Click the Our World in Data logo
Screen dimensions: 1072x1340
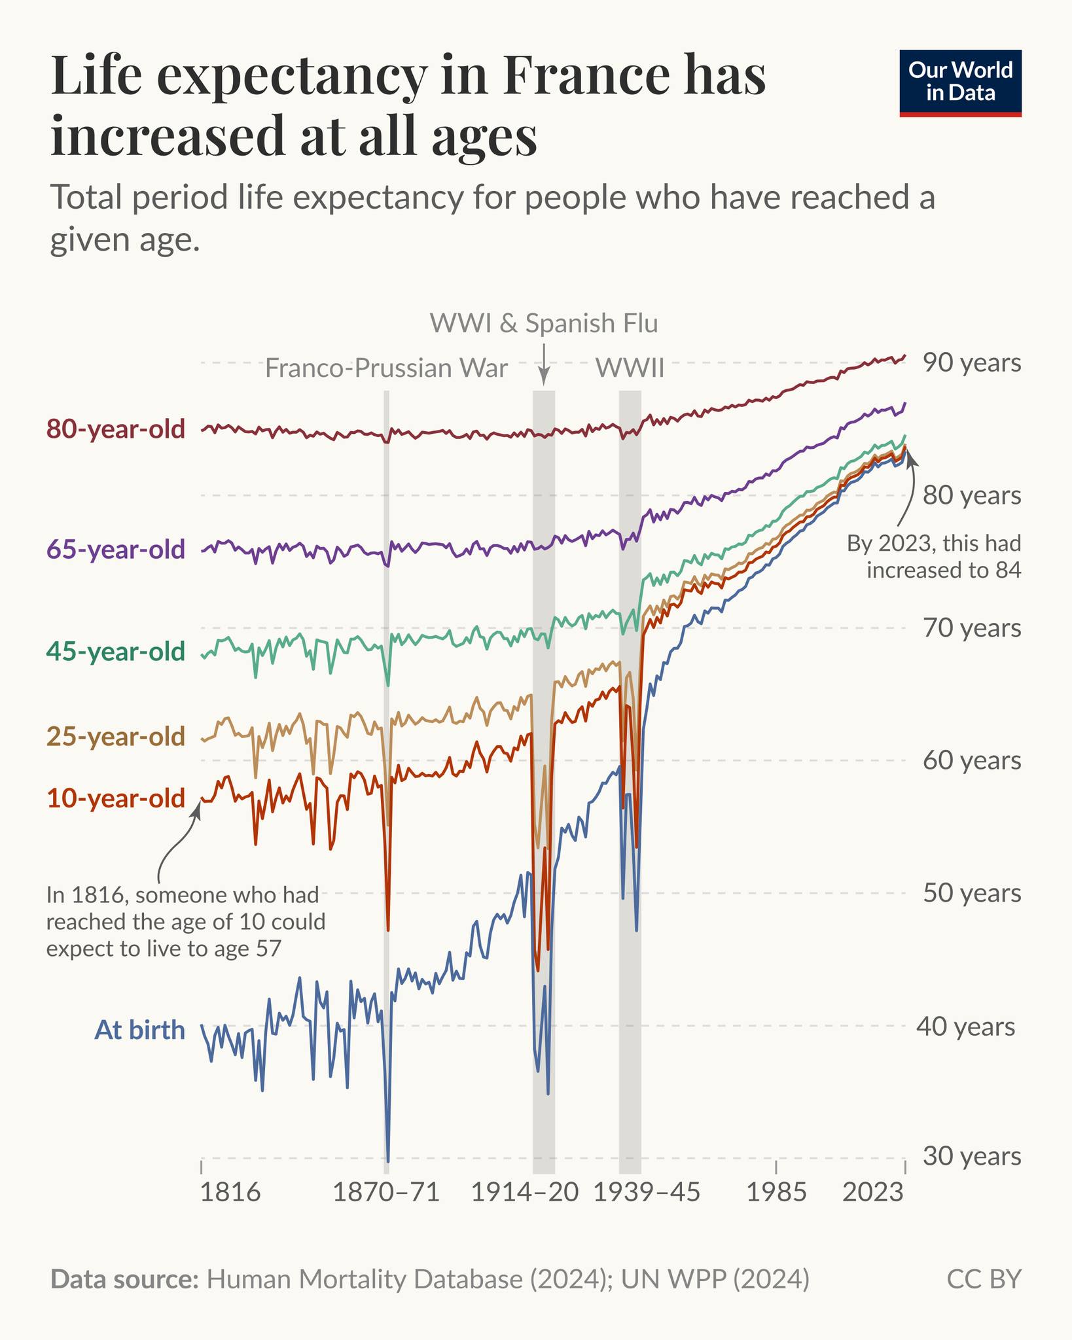(960, 83)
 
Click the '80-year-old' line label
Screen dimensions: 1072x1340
(116, 429)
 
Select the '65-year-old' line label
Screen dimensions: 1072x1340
(116, 550)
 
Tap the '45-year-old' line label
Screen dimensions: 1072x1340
(116, 652)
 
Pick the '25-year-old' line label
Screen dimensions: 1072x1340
(116, 737)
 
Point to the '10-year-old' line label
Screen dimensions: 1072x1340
(116, 798)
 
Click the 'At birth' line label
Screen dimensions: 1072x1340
(140, 1030)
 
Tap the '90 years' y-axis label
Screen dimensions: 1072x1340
(972, 362)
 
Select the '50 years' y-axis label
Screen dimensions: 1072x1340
(972, 893)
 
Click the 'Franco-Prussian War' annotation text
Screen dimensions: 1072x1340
(386, 368)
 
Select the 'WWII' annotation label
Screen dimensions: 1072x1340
(630, 368)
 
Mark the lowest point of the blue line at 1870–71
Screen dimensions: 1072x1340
(388, 1161)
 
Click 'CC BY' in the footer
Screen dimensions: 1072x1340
(984, 1279)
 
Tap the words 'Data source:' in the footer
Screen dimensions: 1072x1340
(124, 1279)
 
